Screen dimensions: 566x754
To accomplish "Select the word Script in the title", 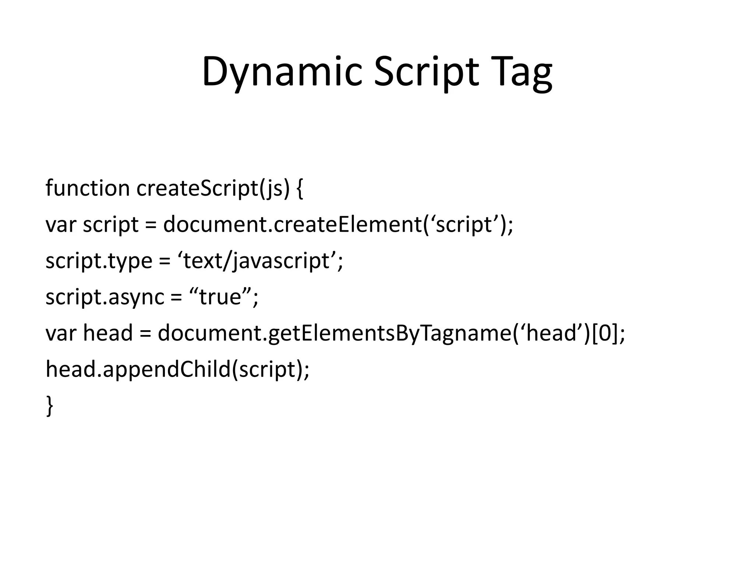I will [x=427, y=72].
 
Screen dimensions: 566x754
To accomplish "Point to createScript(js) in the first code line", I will [x=213, y=189].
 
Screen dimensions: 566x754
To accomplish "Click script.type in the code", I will [x=99, y=261].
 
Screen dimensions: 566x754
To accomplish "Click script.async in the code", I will [x=105, y=297].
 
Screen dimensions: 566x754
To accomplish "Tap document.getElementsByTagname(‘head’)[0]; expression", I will [x=391, y=333].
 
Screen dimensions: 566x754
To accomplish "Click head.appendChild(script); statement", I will [x=177, y=369].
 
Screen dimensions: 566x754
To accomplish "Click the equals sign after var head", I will [x=145, y=334].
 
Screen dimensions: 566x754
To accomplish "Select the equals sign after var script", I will [x=151, y=225].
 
